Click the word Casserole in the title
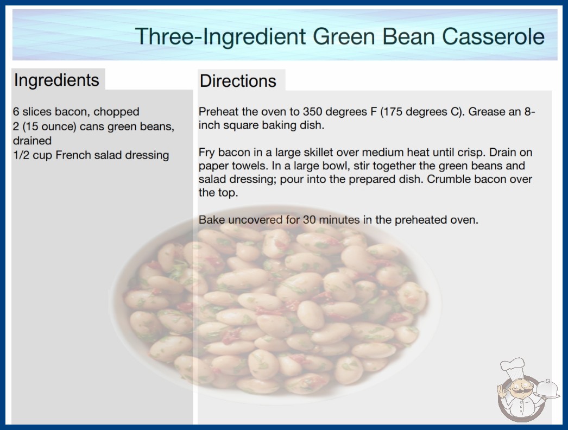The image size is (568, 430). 493,36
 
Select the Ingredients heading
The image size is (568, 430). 56,80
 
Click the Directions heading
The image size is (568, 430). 238,81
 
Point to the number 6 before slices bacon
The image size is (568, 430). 16,112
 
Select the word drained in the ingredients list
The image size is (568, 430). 32,141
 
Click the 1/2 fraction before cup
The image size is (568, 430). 21,155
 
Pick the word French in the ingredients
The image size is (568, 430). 72,155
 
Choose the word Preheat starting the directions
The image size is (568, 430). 219,112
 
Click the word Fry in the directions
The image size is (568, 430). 207,153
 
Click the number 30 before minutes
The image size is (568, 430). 310,220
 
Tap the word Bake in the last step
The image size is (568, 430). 212,220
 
